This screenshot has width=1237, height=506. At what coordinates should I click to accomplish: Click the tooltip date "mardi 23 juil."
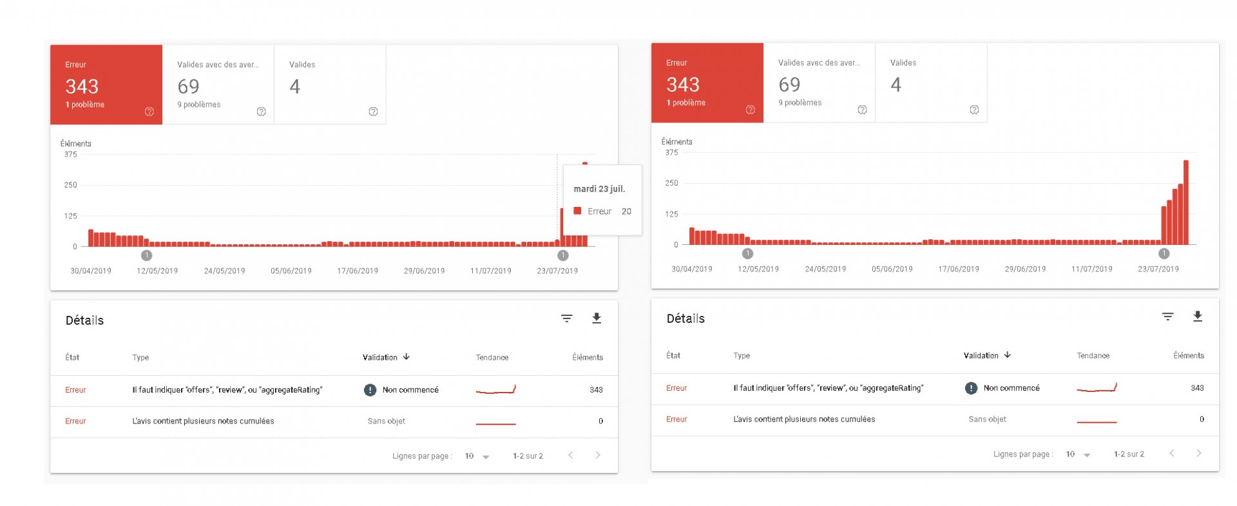599,189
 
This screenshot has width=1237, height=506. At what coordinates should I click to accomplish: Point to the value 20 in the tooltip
626,211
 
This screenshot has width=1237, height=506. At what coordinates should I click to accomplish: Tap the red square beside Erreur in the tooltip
578,211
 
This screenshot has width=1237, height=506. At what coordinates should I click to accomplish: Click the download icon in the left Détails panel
597,318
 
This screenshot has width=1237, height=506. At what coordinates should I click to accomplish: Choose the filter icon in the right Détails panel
1167,316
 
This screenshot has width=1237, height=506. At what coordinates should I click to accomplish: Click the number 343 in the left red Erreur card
82,86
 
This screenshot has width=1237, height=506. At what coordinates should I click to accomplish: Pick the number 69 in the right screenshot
789,84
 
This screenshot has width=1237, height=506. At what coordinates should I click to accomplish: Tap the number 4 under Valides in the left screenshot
295,86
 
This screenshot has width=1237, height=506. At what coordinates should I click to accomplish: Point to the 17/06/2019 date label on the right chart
959,269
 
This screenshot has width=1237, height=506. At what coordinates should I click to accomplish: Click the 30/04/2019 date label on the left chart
91,271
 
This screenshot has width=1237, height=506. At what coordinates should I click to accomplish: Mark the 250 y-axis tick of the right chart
671,183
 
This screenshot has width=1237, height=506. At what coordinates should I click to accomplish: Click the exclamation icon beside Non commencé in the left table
370,390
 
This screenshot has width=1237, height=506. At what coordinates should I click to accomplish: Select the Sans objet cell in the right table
987,419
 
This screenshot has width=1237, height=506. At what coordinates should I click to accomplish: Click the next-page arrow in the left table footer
598,455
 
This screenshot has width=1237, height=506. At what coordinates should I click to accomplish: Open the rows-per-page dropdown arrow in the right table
1087,454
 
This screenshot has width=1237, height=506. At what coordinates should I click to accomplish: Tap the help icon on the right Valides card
974,110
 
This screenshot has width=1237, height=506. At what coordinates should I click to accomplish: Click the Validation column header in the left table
380,357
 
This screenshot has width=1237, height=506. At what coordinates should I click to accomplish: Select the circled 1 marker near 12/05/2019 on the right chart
747,253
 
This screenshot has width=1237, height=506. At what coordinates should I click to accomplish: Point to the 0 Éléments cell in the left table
600,421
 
